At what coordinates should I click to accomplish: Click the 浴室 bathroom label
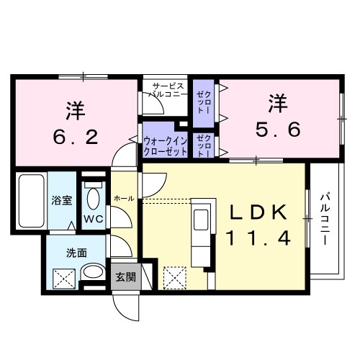pos(61,201)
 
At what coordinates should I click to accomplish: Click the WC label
pos(93,218)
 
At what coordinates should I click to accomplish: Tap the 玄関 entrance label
pos(125,276)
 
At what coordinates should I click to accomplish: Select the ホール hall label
pos(122,197)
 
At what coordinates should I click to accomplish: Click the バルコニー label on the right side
pos(325,218)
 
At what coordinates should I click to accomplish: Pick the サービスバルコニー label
pos(168,89)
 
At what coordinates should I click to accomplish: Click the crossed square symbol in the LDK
pos(174,276)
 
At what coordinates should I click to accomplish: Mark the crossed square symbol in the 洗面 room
pos(64,275)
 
